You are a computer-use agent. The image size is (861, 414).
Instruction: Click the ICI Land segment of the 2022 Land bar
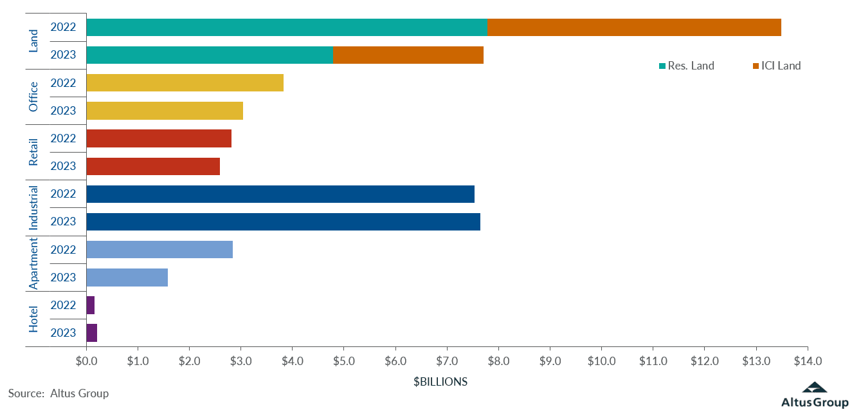(634, 28)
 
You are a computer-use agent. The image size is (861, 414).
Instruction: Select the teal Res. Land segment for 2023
(210, 55)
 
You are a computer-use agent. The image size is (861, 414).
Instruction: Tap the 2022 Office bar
(185, 83)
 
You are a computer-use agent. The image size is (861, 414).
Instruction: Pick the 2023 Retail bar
(153, 166)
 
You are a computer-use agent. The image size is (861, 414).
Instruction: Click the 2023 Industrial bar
(283, 221)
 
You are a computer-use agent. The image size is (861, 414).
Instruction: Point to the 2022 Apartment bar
(159, 249)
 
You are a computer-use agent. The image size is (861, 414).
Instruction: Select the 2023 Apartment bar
(127, 278)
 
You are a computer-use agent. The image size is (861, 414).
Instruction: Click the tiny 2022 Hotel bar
(91, 305)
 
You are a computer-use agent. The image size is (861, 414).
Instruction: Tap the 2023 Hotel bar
(91, 333)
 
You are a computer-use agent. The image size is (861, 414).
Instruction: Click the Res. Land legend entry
(686, 66)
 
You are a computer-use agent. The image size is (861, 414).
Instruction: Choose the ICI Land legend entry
(776, 66)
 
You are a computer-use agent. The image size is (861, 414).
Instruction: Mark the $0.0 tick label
(86, 361)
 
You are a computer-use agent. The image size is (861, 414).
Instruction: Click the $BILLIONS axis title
(440, 382)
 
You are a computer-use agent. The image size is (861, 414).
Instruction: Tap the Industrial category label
(34, 208)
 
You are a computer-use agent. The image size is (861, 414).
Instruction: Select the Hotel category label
(34, 319)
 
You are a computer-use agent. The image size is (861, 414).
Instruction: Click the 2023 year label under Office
(63, 111)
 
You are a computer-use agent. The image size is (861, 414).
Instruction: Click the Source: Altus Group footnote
(59, 393)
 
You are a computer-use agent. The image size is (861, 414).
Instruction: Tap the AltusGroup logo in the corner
(815, 395)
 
